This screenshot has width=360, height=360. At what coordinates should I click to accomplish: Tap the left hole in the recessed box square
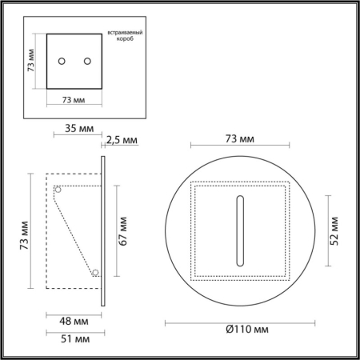pyautogui.click(x=62, y=61)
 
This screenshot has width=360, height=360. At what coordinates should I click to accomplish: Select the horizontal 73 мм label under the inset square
pyautogui.click(x=73, y=100)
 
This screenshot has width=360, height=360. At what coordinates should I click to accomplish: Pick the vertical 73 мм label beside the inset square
pyautogui.click(x=30, y=61)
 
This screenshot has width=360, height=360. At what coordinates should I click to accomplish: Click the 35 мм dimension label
pyautogui.click(x=76, y=126)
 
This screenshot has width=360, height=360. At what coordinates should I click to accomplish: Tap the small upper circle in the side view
pyautogui.click(x=58, y=190)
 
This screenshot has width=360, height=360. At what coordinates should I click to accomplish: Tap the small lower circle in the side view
pyautogui.click(x=95, y=273)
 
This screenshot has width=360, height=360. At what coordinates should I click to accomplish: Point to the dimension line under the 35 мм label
pyautogui.click(x=76, y=134)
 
